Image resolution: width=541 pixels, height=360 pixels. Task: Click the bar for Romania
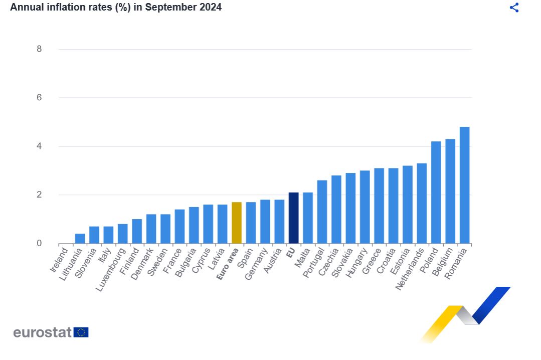pos(464,186)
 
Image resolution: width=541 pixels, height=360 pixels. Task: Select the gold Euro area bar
pos(237,223)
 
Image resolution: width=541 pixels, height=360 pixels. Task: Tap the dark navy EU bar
pos(293,218)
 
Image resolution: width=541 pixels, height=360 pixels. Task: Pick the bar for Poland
pos(436,193)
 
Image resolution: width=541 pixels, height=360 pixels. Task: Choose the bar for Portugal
pos(322,212)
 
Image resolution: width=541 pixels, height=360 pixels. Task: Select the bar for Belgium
pos(450,192)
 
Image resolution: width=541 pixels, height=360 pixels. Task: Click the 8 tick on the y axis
pos(39,49)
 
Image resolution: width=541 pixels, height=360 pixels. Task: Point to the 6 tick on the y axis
pos(39,98)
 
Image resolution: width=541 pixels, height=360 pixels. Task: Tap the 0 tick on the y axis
pos(39,244)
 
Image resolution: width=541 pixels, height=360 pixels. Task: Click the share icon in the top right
pos(514,8)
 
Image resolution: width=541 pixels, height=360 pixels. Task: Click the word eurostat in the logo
pos(43,332)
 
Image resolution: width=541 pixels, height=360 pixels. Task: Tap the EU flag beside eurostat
pos(81,332)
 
